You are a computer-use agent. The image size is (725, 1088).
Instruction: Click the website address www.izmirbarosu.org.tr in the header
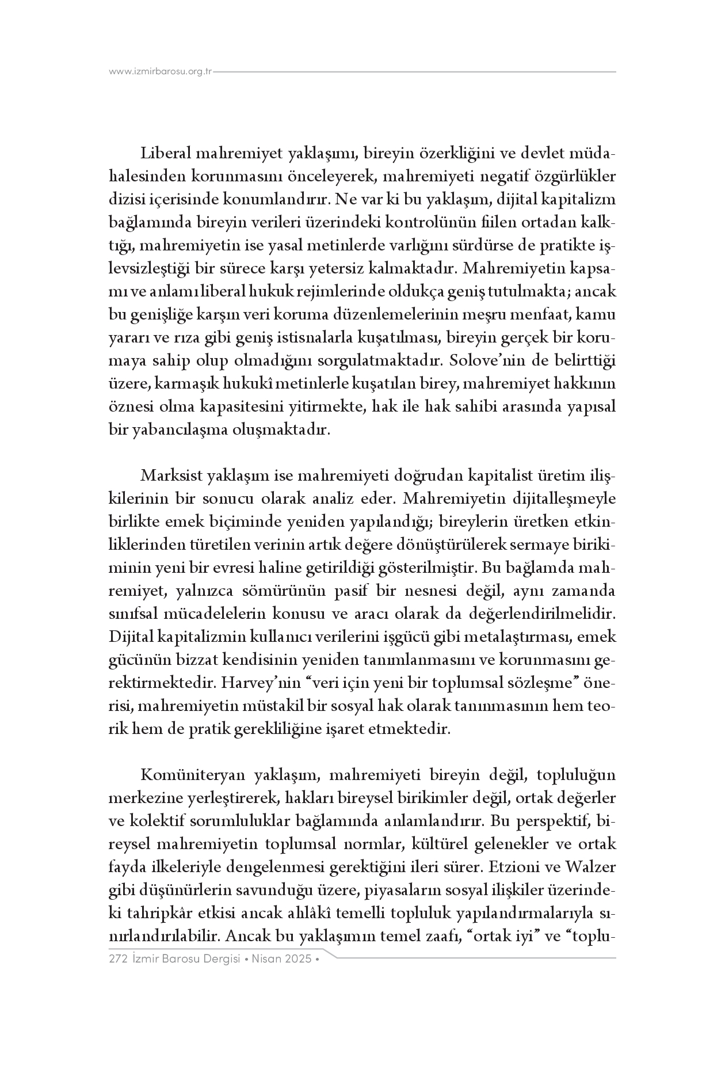[161, 72]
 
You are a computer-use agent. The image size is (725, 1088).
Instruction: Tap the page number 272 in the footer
[117, 960]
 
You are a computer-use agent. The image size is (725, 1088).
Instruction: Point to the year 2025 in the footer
[298, 960]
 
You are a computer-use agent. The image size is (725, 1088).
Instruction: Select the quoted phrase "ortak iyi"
[502, 937]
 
